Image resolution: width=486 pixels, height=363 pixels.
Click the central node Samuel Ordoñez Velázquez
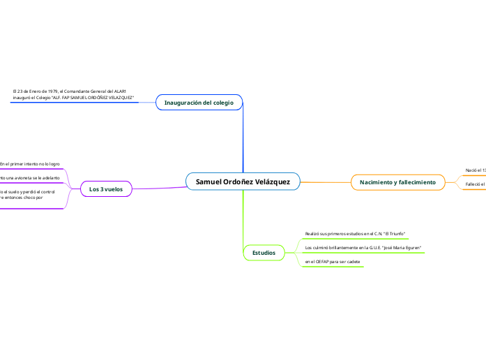243,181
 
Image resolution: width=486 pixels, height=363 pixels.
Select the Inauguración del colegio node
199,103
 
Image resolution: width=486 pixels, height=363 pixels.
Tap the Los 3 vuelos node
106,189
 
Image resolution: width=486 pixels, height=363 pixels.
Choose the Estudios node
264,252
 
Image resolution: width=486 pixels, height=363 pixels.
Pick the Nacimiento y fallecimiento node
397,182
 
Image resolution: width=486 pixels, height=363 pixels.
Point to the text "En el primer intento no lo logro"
29,164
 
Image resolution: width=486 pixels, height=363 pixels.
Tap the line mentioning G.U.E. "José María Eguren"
363,248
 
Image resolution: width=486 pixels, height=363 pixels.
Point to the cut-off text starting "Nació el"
476,170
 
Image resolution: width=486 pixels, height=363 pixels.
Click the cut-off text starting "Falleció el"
475,184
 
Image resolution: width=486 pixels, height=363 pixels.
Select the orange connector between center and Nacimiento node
325,182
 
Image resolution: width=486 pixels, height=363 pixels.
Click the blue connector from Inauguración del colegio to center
243,140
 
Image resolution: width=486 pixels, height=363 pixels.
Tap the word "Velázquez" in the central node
273,181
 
